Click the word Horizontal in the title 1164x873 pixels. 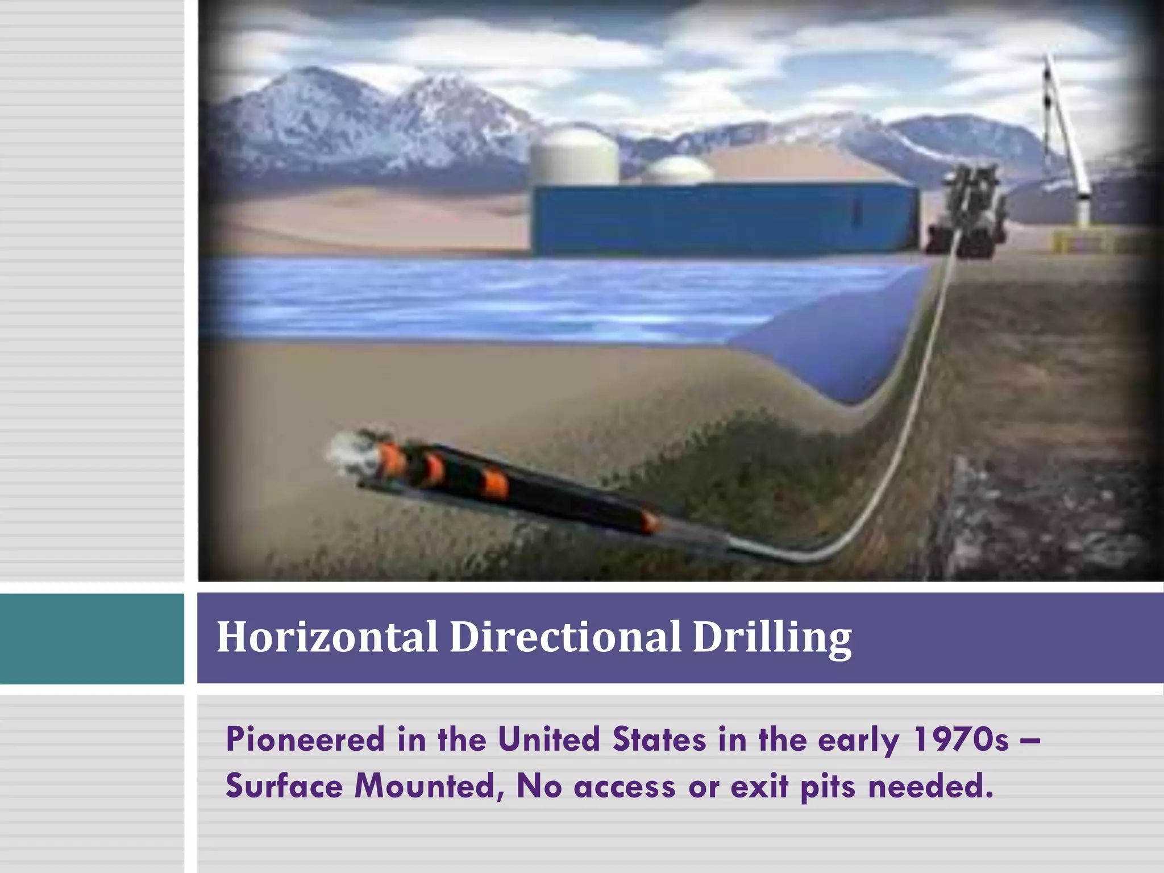pos(327,637)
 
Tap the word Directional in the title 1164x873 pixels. pos(565,637)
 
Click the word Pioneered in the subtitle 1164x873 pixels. pos(305,739)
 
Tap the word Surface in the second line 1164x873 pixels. pos(284,787)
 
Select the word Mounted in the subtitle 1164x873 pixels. pos(429,787)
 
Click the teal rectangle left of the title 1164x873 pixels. pos(92,638)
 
